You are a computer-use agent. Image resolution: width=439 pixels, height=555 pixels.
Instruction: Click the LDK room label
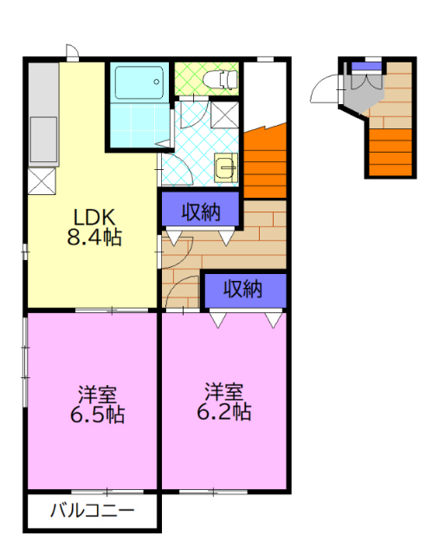[94, 217]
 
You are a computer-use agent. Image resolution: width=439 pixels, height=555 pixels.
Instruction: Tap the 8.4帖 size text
[94, 238]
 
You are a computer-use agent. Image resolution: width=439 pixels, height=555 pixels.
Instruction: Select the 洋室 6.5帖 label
[97, 405]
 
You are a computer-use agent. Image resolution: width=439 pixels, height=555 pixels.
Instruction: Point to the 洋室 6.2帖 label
[223, 402]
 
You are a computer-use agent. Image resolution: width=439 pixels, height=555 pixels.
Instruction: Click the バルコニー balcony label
[93, 511]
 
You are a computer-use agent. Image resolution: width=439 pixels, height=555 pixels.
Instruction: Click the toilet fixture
[220, 79]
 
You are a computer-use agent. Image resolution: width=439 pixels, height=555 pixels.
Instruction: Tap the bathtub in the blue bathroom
[139, 82]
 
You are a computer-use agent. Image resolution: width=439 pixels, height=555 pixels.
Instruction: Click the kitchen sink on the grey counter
[43, 140]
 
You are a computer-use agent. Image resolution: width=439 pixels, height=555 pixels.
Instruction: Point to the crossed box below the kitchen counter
[42, 181]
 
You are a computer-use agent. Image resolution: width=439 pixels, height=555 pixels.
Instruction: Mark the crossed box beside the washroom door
[224, 114]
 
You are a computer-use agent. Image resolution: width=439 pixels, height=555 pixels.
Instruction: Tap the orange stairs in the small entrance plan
[391, 153]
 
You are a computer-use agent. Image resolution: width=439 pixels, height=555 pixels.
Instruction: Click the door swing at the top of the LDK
[72, 50]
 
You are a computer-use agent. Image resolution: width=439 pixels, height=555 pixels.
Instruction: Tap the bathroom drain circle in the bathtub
[156, 82]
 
